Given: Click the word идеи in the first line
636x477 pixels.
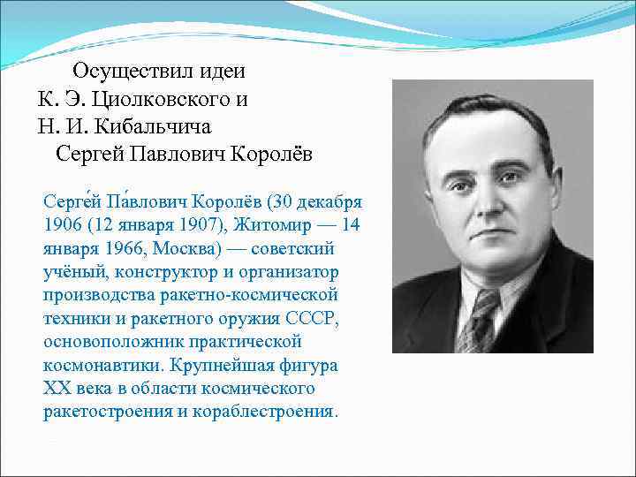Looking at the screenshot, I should coord(224,71).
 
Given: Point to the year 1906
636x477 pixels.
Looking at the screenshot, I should coord(63,225).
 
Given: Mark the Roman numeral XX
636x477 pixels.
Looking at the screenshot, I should coord(55,389).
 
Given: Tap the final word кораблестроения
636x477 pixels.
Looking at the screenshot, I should coord(271,412).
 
